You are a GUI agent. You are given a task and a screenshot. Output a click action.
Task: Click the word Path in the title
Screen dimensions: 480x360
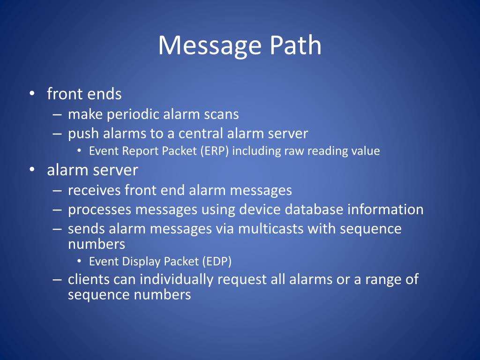(295, 45)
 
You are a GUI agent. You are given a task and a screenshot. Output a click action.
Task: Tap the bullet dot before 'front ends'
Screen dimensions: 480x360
(31, 94)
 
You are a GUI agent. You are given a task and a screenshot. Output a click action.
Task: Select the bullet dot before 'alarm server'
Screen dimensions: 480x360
(31, 170)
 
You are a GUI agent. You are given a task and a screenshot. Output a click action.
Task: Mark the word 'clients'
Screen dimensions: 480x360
(89, 279)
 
